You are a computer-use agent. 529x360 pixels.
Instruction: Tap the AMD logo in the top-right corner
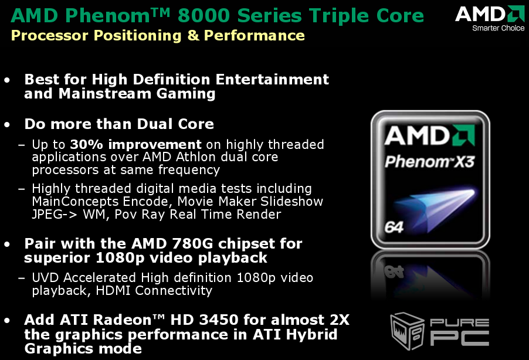click(x=489, y=13)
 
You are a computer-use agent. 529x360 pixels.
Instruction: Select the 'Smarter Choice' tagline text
click(x=498, y=28)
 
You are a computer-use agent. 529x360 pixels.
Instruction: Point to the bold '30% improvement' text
click(x=135, y=144)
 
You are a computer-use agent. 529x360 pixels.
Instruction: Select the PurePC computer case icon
click(x=406, y=330)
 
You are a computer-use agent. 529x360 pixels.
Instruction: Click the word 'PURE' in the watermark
click(x=459, y=322)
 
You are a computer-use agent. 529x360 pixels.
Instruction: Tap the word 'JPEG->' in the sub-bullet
click(x=54, y=215)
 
